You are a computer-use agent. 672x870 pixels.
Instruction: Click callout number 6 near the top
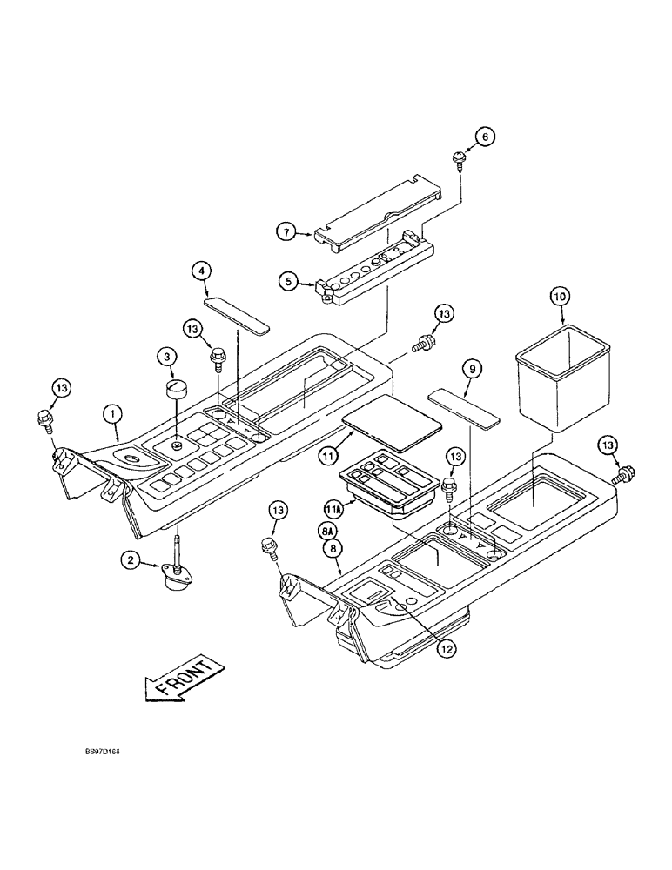[486, 135]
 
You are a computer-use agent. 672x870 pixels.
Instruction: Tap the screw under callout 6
[459, 157]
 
